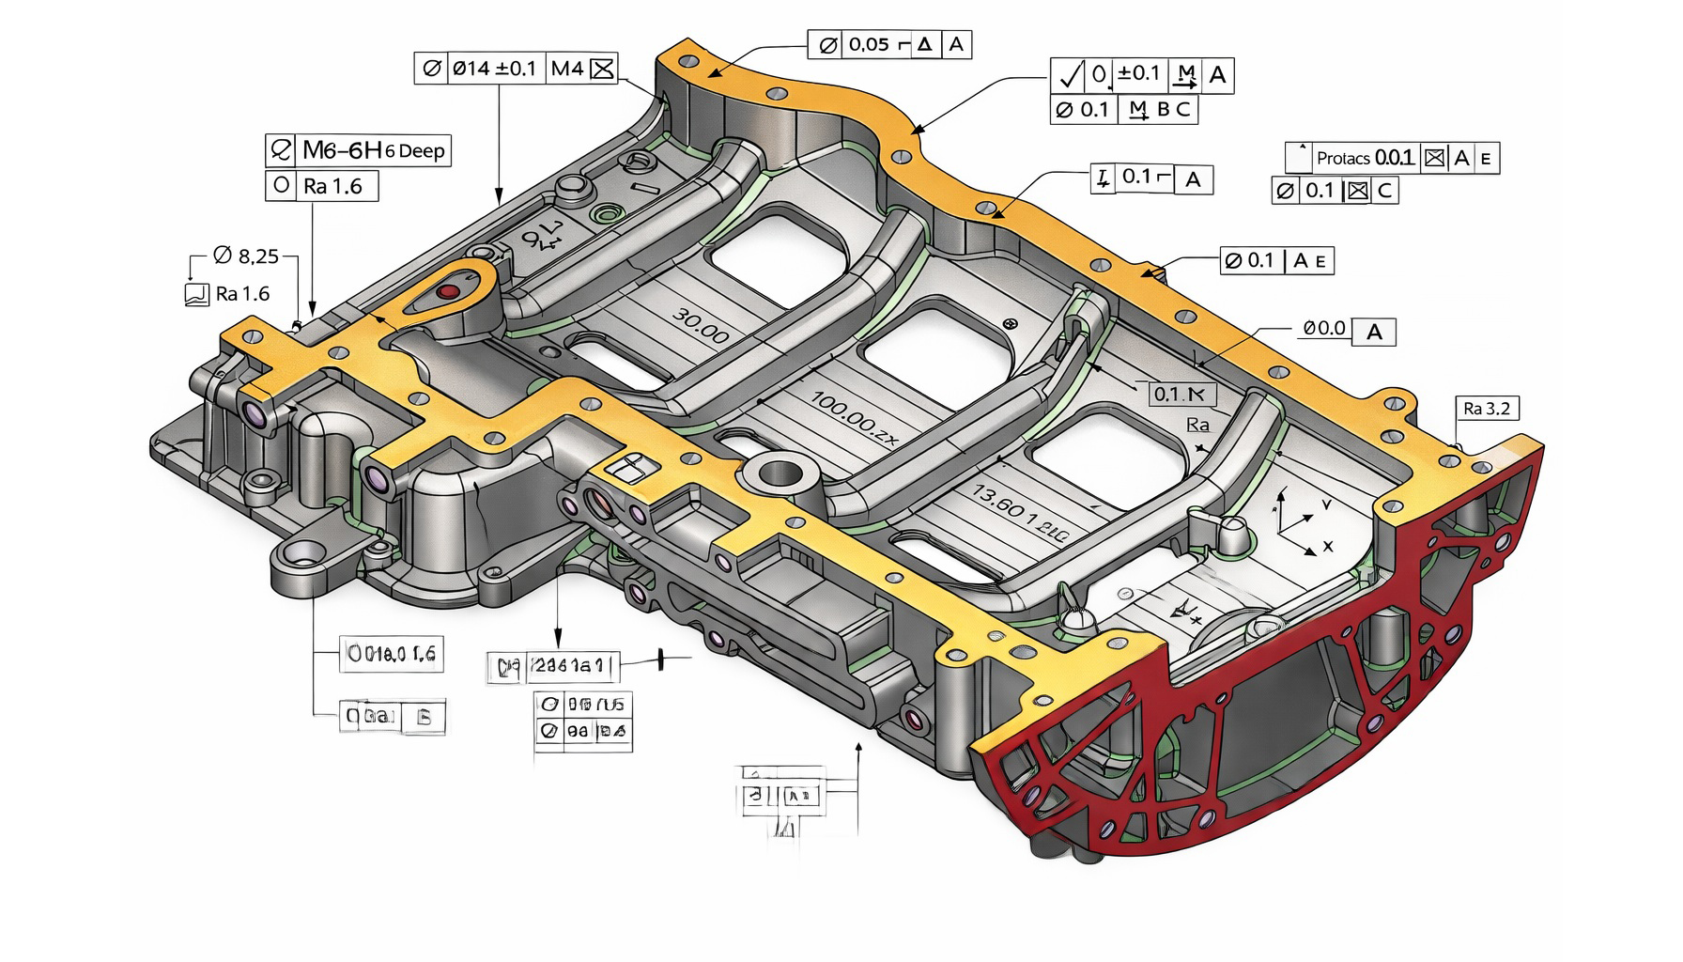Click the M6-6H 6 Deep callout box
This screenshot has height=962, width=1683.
pos(359,150)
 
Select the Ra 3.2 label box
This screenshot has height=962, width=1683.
pos(1486,408)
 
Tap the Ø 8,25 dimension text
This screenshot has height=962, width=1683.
pos(245,256)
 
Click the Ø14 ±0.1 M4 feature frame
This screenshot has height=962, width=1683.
pos(516,69)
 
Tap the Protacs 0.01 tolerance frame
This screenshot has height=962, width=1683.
pos(1392,158)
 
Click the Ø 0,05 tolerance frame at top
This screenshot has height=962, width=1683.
pos(889,44)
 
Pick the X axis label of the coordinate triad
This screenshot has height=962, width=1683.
pos(1328,546)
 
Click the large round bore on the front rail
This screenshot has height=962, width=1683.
pos(777,473)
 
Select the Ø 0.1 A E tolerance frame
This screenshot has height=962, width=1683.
pos(1277,260)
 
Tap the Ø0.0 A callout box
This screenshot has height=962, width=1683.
pos(1349,331)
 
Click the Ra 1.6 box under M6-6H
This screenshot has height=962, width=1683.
pos(322,186)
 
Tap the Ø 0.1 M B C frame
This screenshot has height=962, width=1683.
pos(1123,109)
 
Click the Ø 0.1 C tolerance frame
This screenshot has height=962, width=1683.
pos(1335,191)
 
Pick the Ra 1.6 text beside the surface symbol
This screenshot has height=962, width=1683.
pos(242,294)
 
